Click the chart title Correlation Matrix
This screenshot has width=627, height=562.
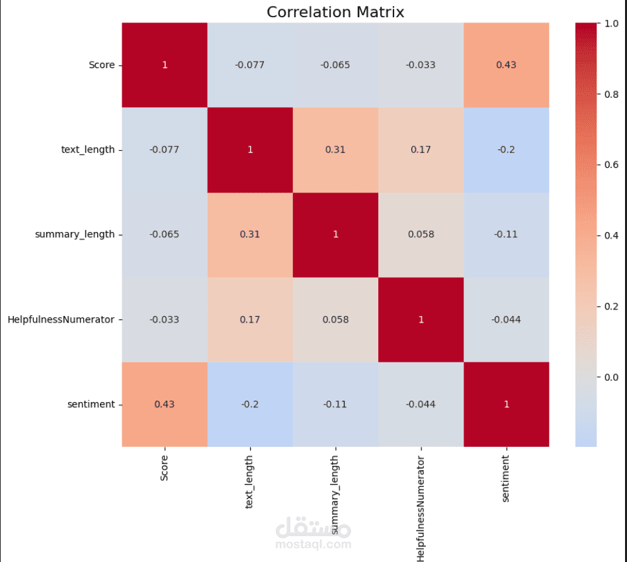[335, 11]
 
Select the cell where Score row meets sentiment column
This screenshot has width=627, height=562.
[506, 65]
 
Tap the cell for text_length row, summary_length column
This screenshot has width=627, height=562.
[335, 149]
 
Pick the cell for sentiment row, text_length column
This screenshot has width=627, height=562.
[250, 404]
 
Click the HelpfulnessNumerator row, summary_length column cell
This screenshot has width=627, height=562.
[335, 319]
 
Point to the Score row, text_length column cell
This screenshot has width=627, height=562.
[250, 65]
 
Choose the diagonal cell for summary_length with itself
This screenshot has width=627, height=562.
[335, 234]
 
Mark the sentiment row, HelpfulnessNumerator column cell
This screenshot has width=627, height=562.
[421, 404]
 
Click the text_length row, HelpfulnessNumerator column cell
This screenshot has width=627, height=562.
[421, 149]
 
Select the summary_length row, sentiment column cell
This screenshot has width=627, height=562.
[506, 234]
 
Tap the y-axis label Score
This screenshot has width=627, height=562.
[102, 65]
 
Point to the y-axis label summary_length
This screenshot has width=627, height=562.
[78, 234]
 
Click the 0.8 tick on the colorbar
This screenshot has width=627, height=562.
[610, 95]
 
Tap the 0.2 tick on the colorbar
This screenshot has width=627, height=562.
[610, 306]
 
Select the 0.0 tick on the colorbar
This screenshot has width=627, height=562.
[610, 377]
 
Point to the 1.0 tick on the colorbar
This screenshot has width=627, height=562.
[610, 23]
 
